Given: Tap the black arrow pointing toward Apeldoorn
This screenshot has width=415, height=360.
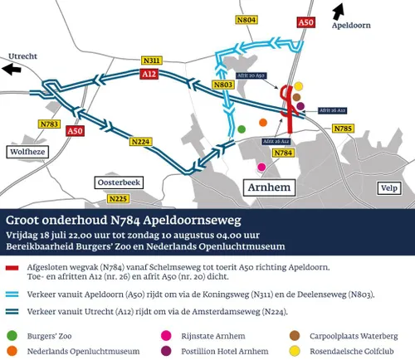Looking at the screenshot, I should click(337, 11).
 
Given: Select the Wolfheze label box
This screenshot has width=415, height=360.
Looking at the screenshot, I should click(28, 152).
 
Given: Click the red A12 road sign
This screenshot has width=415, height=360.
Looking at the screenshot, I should click(149, 75).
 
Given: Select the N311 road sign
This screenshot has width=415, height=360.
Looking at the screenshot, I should click(152, 61).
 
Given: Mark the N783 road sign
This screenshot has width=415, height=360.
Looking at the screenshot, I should click(50, 124).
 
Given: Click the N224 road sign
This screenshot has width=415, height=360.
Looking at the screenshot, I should click(141, 142).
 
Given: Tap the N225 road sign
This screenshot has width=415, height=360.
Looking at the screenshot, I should click(119, 198).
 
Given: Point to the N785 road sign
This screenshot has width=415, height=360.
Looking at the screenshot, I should click(343, 129).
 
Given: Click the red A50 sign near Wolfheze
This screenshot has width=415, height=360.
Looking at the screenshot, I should click(76, 130).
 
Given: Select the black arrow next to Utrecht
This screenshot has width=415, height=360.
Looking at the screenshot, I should click(12, 70).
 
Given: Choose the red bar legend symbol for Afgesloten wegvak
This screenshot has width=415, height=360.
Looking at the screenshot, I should click(12, 268).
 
